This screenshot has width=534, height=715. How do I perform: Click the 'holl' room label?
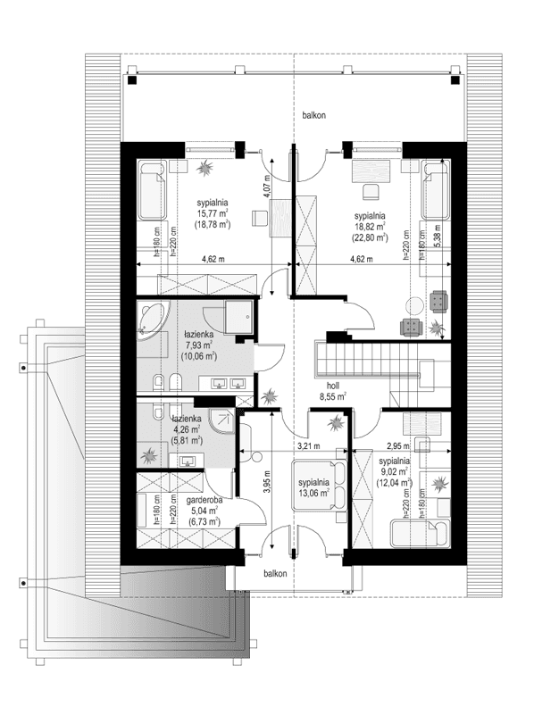click(332, 385)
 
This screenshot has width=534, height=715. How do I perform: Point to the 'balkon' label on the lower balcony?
click(275, 574)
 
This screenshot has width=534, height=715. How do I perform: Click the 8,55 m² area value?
click(332, 397)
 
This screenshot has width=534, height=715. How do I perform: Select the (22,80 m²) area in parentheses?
click(369, 238)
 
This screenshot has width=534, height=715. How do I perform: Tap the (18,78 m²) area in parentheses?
click(213, 225)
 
